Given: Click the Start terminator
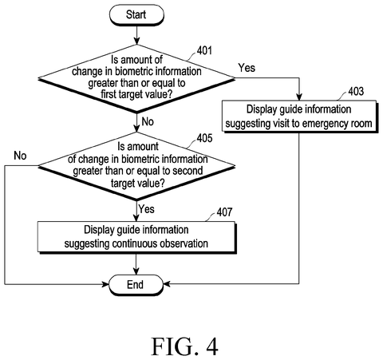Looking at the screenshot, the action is [x=136, y=15].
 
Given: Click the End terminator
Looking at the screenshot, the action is [x=136, y=285].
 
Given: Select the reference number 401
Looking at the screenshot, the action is [x=204, y=50].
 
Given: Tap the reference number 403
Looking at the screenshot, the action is [x=356, y=91].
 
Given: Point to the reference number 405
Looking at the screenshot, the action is [x=204, y=138].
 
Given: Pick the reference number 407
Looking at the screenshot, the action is [x=224, y=212].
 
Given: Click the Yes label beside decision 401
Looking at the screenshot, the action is [x=247, y=68].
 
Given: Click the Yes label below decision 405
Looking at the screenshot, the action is [x=147, y=209].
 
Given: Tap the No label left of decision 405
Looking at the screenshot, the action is [x=20, y=156].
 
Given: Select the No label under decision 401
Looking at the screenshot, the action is [x=148, y=121].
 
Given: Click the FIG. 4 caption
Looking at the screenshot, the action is [x=185, y=346].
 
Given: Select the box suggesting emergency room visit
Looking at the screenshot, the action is [x=299, y=117].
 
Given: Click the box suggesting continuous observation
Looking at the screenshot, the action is [x=136, y=237].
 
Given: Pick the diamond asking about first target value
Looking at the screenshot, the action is [x=136, y=78].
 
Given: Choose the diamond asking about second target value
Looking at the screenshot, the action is [x=136, y=166].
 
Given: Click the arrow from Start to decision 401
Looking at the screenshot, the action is [x=136, y=35].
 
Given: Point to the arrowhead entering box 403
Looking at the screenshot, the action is [x=299, y=97].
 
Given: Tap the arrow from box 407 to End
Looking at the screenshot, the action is [x=136, y=264].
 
